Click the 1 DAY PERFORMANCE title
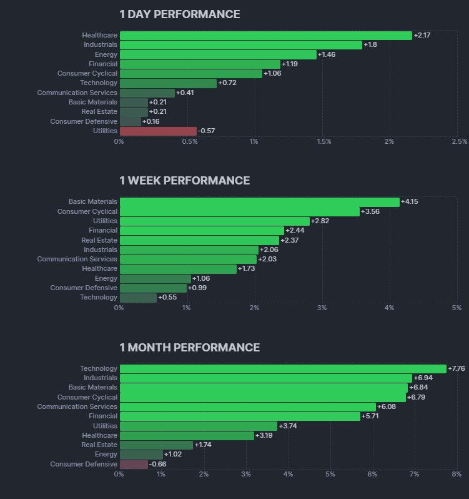click(180, 14)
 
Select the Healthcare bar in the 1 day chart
click(265, 36)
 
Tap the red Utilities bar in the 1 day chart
click(158, 131)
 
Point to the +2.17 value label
click(422, 36)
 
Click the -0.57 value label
click(206, 131)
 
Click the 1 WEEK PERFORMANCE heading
click(185, 181)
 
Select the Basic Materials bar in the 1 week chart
click(259, 202)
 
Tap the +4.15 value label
click(411, 202)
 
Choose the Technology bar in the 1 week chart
click(138, 298)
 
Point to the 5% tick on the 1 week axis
click(457, 308)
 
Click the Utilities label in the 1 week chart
click(105, 221)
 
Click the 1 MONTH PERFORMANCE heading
click(190, 348)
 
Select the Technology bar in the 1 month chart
click(283, 369)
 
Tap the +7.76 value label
click(457, 369)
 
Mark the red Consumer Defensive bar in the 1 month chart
click(134, 465)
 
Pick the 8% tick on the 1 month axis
click(457, 474)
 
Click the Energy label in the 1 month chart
click(106, 455)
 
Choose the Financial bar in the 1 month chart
click(240, 416)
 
